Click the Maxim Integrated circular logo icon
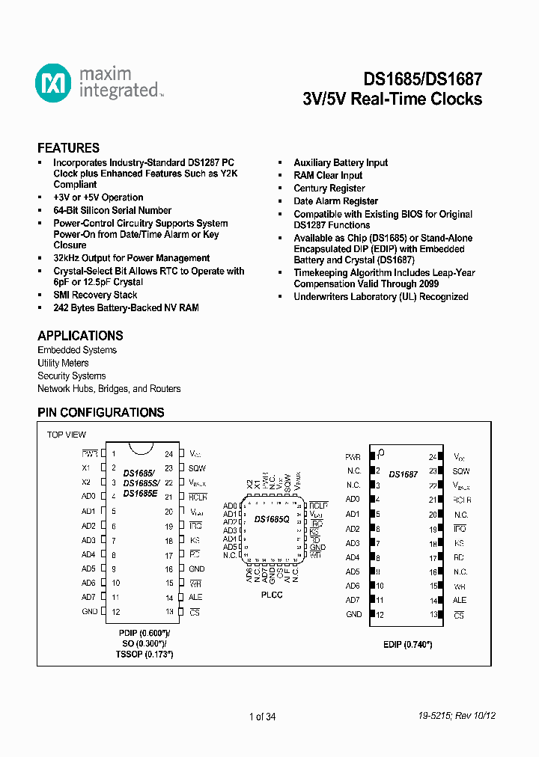(x=53, y=82)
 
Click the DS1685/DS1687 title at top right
(x=423, y=79)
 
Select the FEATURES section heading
(x=68, y=148)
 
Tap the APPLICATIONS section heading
(x=80, y=336)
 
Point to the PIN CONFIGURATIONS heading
(x=101, y=412)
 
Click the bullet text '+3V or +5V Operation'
(x=98, y=197)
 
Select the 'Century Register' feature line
(x=329, y=189)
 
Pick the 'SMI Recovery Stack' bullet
(x=95, y=295)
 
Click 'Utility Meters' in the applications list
(x=63, y=363)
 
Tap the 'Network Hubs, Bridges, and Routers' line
(x=109, y=389)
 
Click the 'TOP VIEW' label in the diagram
(x=67, y=435)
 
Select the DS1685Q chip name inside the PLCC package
(x=272, y=518)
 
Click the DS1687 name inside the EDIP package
(x=404, y=474)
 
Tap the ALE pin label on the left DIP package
(x=195, y=597)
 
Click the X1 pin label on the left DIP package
(x=86, y=468)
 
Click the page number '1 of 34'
(x=263, y=717)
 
